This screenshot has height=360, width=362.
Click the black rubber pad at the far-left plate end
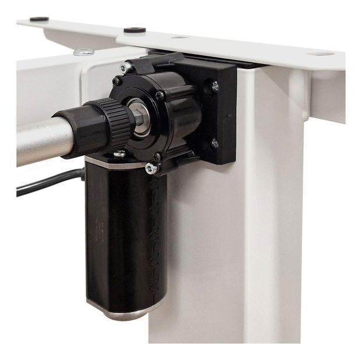coord(39,19)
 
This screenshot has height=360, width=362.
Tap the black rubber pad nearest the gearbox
coord(135,30)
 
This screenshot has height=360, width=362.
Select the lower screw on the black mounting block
coord(215,142)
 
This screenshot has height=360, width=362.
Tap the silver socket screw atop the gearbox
coord(126,68)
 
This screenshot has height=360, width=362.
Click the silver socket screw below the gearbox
coord(151,169)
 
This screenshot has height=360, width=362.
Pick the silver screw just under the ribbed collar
coord(120,154)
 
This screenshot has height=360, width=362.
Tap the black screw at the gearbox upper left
coord(117,81)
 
